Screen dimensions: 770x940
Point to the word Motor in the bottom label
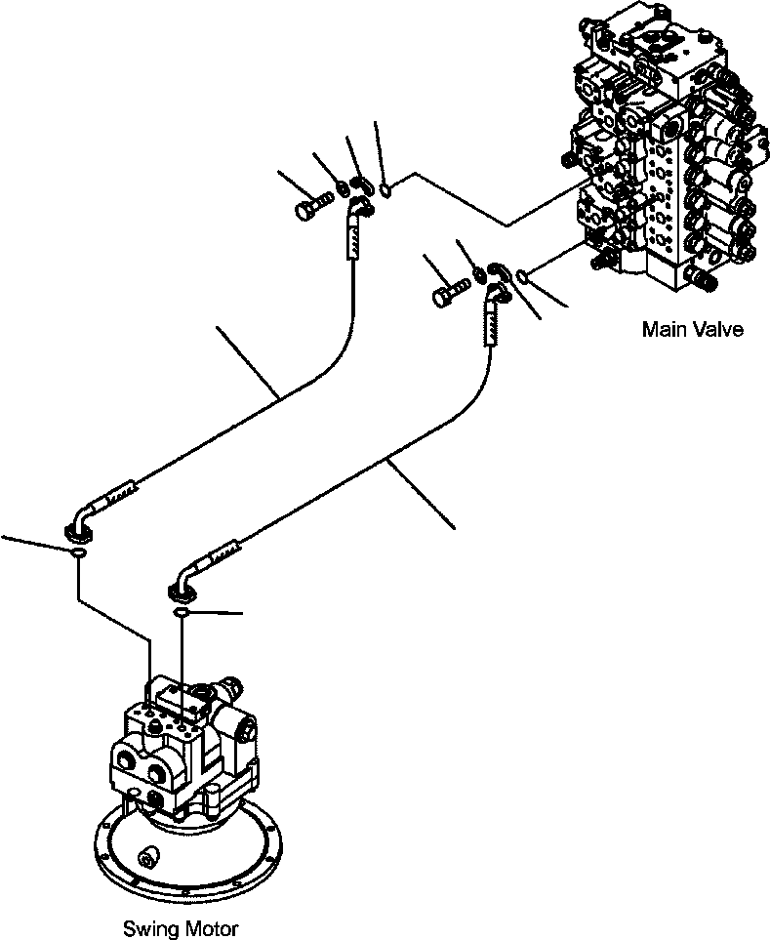click(211, 929)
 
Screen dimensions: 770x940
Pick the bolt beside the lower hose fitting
click(450, 292)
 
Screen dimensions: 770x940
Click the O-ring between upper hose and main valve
click(387, 190)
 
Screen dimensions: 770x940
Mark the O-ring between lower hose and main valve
click(522, 276)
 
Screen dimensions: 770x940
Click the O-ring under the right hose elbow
click(182, 611)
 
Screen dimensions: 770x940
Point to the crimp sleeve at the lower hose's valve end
click(491, 324)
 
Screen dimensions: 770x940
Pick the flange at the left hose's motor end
click(78, 531)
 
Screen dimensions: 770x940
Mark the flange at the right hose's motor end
click(182, 592)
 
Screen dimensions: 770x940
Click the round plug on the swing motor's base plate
click(146, 860)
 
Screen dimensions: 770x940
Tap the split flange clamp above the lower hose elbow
click(498, 271)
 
